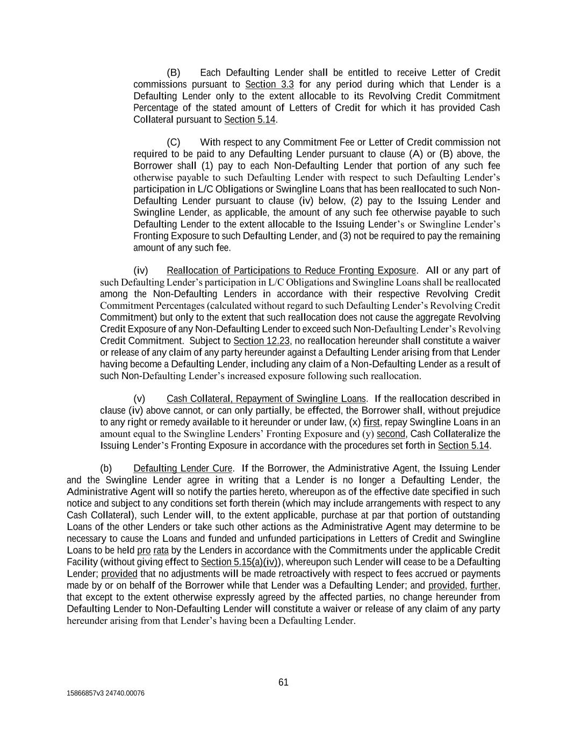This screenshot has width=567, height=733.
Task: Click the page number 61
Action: click(x=283, y=682)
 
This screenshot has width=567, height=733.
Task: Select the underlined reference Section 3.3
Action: click(x=269, y=84)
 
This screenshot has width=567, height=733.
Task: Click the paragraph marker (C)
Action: click(x=174, y=142)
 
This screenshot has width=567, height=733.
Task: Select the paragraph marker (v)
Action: click(x=139, y=398)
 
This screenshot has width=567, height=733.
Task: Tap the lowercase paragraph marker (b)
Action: click(x=106, y=468)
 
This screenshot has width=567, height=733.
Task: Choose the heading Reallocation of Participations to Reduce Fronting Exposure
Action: click(x=291, y=270)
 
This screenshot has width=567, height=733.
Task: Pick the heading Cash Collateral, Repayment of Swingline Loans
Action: click(x=266, y=398)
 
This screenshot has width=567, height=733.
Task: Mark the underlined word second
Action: click(x=391, y=434)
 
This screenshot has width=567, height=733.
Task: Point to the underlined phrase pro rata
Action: click(x=153, y=550)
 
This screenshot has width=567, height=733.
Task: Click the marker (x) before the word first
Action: click(x=355, y=422)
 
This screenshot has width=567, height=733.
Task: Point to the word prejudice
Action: click(x=480, y=410)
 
